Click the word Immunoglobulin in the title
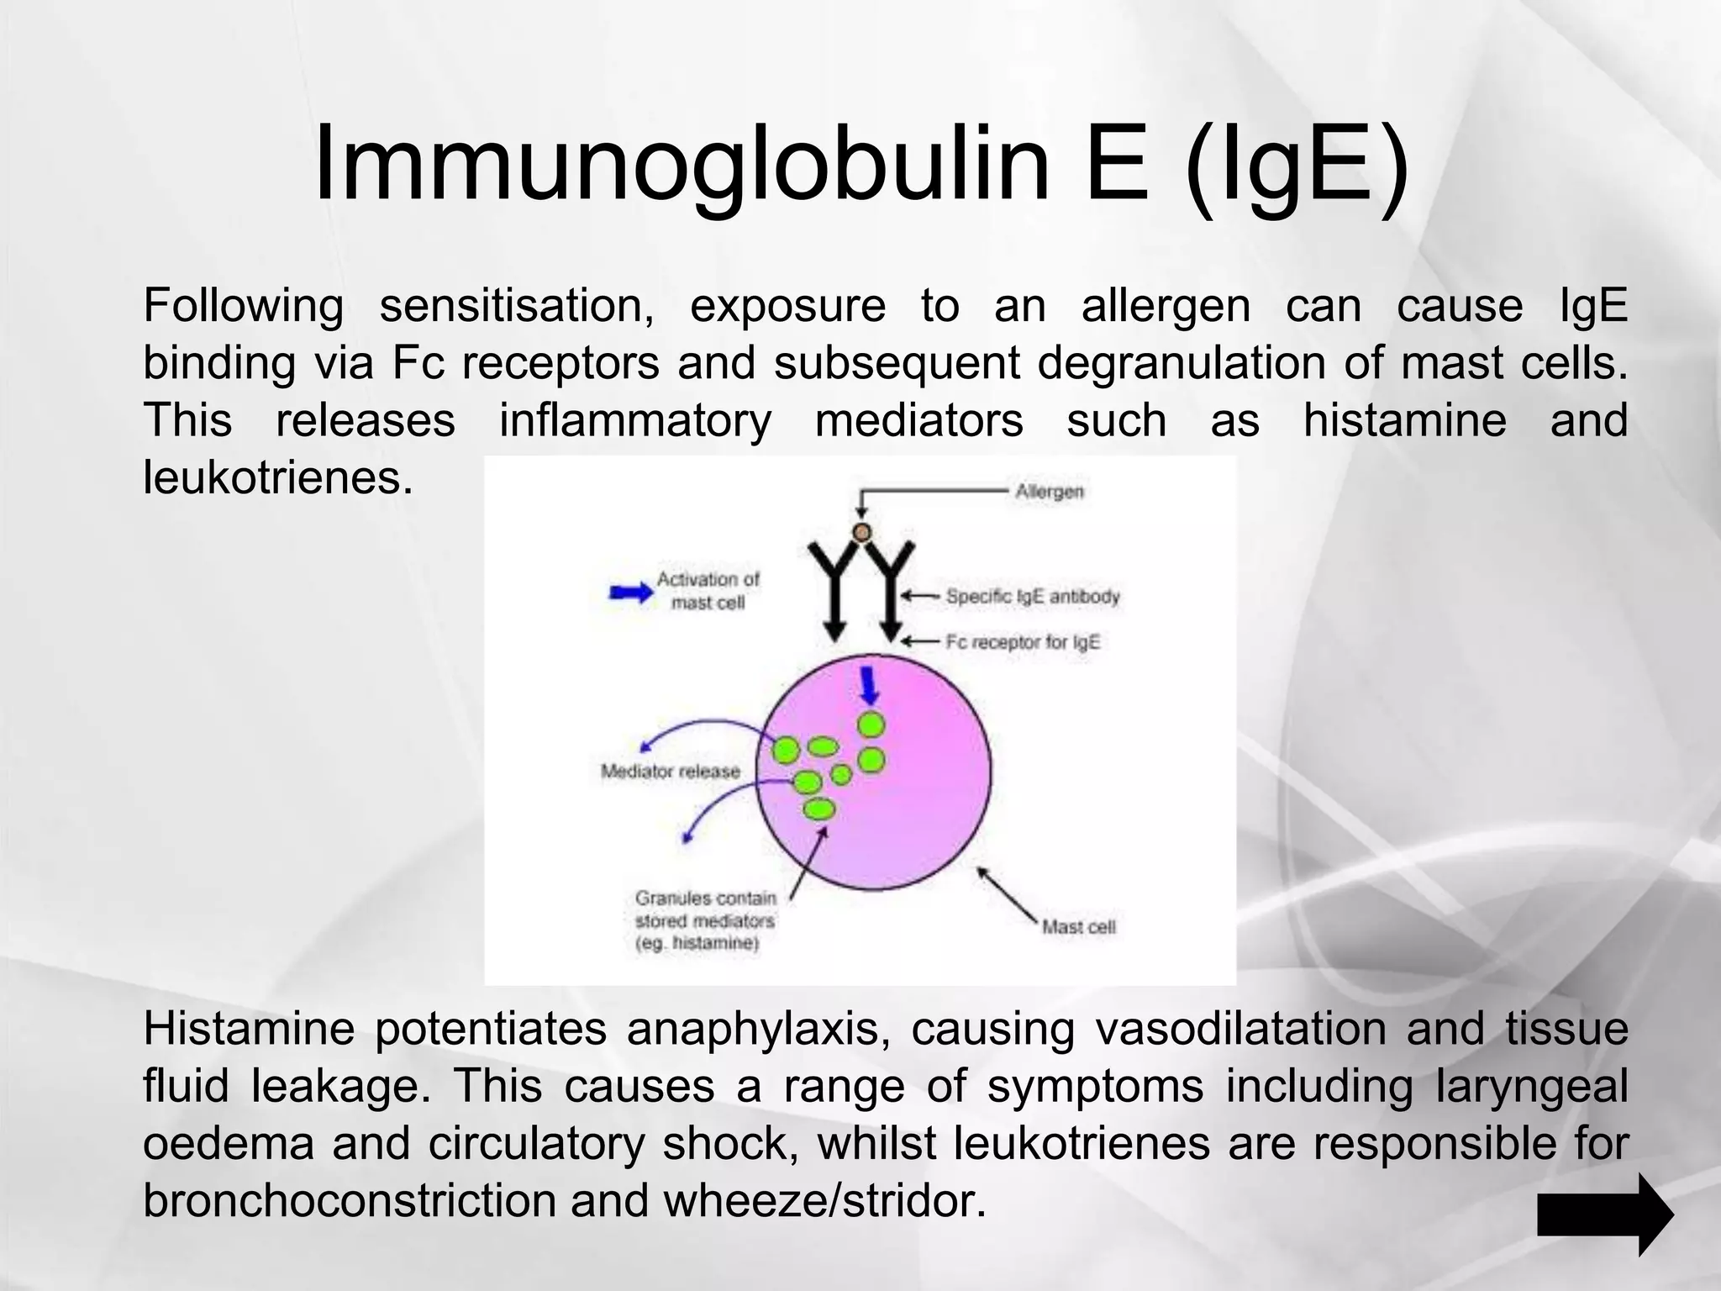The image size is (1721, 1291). coord(681,164)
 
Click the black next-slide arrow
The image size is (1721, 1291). coord(1605,1215)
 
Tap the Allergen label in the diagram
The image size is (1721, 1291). coord(1050,491)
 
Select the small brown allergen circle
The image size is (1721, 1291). coord(861,532)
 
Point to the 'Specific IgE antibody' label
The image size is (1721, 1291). coord(1033,597)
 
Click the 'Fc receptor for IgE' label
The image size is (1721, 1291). coord(1022,642)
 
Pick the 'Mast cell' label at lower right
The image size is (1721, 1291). coord(1078,927)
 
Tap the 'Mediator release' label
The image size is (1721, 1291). coord(670,772)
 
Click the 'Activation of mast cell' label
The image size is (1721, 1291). coord(708,590)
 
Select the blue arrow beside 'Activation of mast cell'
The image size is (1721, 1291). coord(630,592)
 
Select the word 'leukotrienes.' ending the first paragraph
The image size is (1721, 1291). coord(278,477)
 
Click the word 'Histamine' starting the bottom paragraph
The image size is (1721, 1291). coord(249,1029)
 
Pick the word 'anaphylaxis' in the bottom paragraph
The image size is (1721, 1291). coord(759,1029)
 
